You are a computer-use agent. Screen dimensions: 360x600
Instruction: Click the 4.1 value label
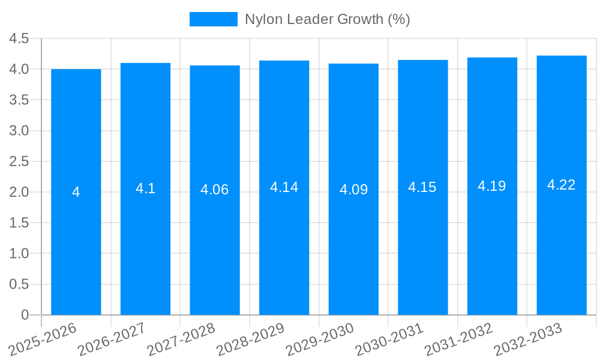(x=145, y=188)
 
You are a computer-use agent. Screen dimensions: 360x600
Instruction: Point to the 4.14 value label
(x=284, y=187)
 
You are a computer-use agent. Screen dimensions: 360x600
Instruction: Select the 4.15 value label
(x=422, y=187)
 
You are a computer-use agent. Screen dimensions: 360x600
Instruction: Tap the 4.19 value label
(x=492, y=186)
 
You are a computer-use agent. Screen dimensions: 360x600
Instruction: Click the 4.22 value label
(x=562, y=185)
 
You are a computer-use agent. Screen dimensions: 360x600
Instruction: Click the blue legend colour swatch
(x=214, y=19)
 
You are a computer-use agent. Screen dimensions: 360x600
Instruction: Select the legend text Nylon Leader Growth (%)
(x=327, y=19)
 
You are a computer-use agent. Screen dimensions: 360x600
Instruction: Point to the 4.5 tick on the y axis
(x=19, y=38)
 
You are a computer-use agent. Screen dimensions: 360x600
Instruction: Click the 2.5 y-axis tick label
(x=19, y=161)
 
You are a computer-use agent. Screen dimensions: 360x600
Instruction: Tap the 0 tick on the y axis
(x=25, y=315)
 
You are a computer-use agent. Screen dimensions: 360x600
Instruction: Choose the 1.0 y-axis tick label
(x=19, y=254)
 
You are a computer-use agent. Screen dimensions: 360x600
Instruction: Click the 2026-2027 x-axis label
(x=113, y=339)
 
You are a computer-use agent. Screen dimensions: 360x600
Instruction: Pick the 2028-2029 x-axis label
(x=251, y=339)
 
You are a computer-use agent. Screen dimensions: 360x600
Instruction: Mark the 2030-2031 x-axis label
(x=390, y=339)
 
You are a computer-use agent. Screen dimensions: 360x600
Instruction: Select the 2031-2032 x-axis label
(x=460, y=339)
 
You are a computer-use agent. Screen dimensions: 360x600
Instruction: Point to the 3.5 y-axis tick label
(x=19, y=100)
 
